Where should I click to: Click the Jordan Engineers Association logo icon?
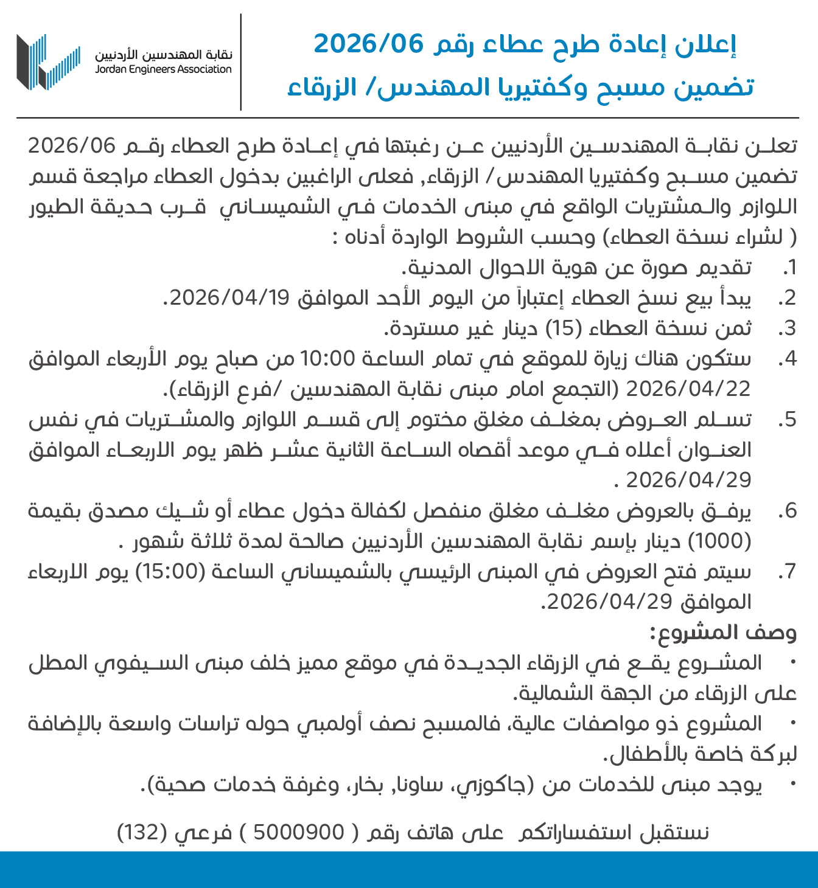tap(48, 62)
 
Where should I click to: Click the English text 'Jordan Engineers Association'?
tap(163, 69)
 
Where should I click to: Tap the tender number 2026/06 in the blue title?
tap(368, 44)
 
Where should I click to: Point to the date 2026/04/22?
tap(688, 389)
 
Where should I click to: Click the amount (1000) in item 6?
tap(718, 541)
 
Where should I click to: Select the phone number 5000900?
tap(298, 831)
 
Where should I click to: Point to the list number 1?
tap(789, 268)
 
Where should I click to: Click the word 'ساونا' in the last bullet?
tap(422, 785)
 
